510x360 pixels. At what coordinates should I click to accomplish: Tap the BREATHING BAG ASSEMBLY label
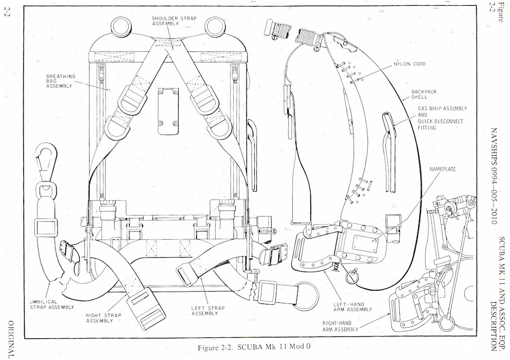tap(61, 81)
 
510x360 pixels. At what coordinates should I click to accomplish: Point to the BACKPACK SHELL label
tap(424, 94)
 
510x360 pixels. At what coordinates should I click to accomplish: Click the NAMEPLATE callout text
tap(443, 169)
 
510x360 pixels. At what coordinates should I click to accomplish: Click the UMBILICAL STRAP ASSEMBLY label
tap(47, 305)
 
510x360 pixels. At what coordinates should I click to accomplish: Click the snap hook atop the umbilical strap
tap(44, 159)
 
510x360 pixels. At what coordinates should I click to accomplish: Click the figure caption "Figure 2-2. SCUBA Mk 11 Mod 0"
tap(254, 347)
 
